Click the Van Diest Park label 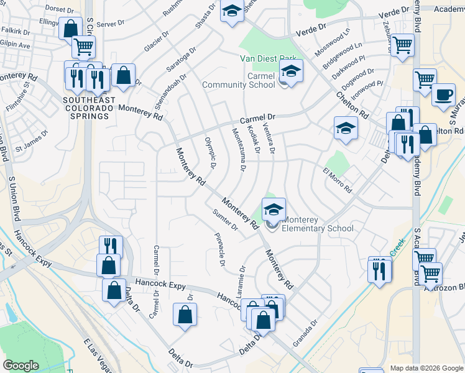coord(268,60)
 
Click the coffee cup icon coord(443,94)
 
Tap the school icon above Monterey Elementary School coord(274,210)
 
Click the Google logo coord(21,366)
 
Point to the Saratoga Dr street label coord(181,57)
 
